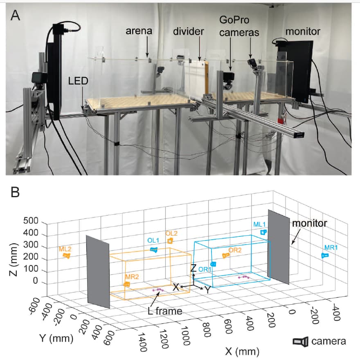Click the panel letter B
click(x=15, y=192)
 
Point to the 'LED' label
click(x=78, y=82)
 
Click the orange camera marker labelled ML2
click(x=67, y=256)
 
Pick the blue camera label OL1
click(x=153, y=241)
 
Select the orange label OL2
click(x=171, y=233)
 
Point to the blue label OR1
click(x=204, y=269)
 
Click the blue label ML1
click(x=259, y=224)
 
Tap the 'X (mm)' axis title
click(x=241, y=350)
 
